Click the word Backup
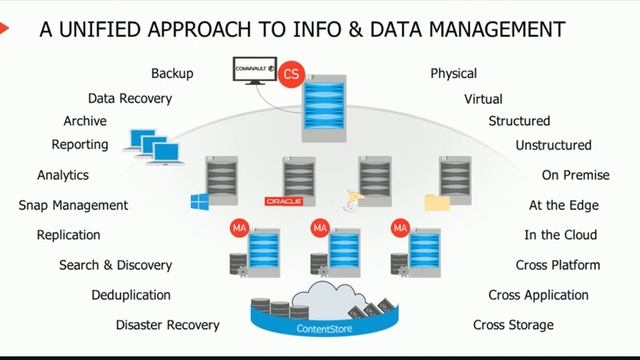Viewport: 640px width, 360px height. coord(172,74)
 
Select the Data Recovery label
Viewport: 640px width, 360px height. coord(130,99)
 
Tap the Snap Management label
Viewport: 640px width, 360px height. coord(73,205)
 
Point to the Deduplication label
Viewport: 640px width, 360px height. coord(131,295)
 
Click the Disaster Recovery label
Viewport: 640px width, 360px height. coord(167,325)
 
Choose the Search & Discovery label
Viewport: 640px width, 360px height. coord(115,265)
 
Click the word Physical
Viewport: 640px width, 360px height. coord(453,74)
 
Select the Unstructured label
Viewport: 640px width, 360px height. coord(553,146)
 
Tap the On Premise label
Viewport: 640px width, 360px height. coord(575,175)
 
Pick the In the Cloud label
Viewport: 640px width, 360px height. coord(561,235)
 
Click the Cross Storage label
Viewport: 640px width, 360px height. coord(513,325)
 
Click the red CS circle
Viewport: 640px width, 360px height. coord(292,74)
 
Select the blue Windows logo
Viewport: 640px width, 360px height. coord(199,200)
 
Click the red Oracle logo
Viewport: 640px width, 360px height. coord(283,201)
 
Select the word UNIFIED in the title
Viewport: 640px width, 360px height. coord(101,30)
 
